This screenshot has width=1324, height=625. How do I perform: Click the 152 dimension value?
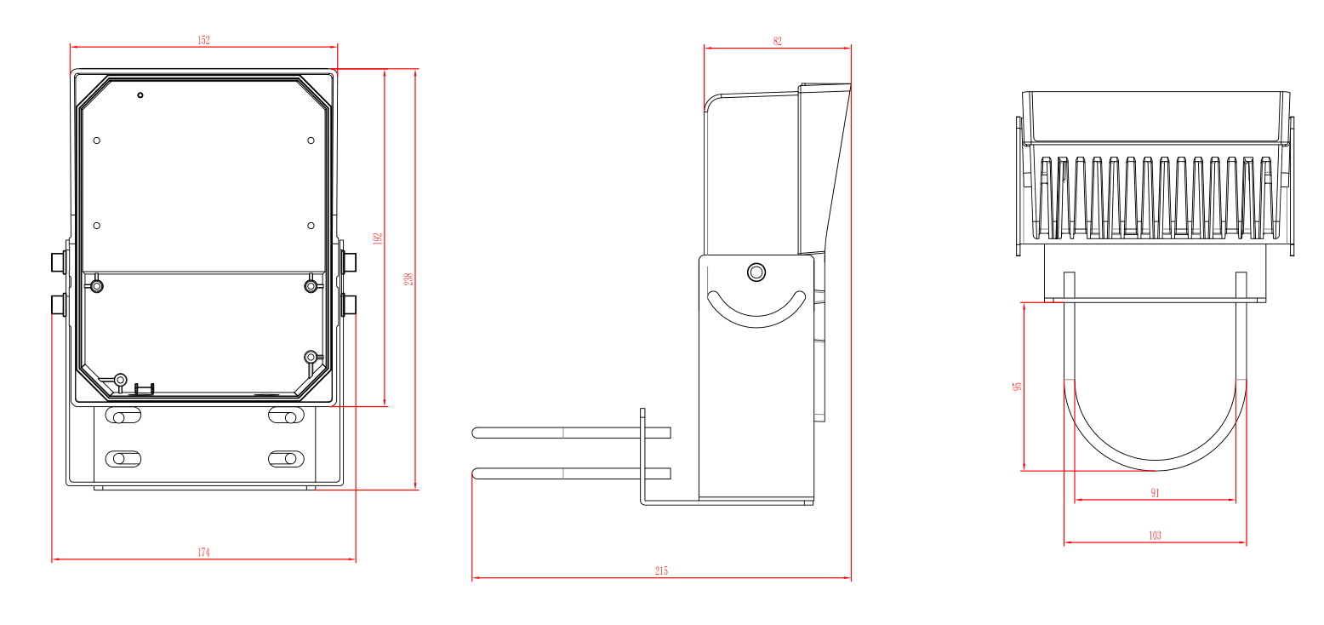pos(203,40)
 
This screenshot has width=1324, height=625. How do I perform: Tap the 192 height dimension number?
pos(378,239)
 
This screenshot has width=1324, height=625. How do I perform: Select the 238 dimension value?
pos(408,279)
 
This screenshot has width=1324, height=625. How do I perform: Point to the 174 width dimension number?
pos(203,553)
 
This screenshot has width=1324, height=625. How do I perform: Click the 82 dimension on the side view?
pos(777,42)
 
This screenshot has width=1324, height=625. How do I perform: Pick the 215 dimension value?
pos(661,571)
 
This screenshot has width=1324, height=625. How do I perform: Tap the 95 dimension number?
pos(1017,386)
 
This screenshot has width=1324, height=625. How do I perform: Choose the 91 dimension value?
pos(1155,493)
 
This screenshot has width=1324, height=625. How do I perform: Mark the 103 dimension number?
pos(1155,536)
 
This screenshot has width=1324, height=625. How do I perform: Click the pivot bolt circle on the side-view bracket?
pos(756,272)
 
